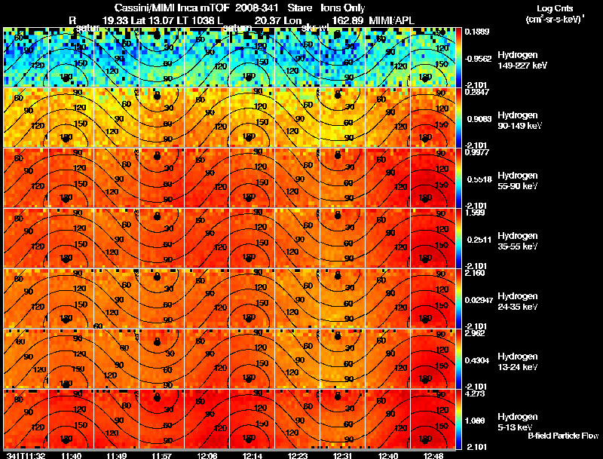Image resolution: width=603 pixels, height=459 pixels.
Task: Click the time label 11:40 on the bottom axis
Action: pyautogui.click(x=72, y=455)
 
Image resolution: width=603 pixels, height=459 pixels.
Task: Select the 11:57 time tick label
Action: pyautogui.click(x=161, y=455)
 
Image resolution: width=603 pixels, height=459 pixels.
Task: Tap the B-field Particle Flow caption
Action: pyautogui.click(x=562, y=436)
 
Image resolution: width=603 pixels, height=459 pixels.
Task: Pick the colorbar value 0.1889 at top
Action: pyautogui.click(x=476, y=32)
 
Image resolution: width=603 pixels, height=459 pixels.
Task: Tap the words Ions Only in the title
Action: pyautogui.click(x=344, y=8)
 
